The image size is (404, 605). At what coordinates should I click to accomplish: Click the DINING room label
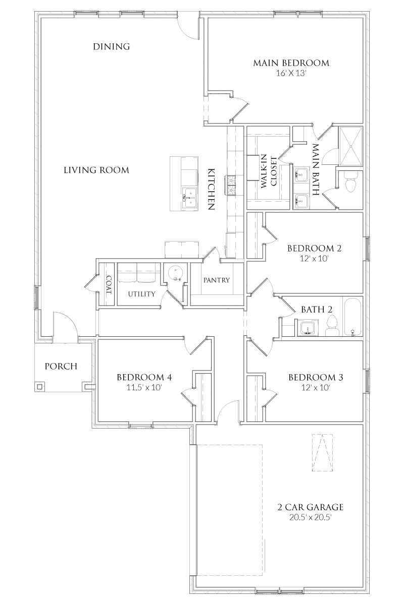point(112,47)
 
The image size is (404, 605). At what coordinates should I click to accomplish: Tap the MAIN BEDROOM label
point(291,63)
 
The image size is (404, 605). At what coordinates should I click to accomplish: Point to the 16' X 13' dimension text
point(291,74)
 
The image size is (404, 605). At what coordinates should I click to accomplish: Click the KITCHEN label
point(212,189)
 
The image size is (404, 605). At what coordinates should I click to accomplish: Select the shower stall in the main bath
point(350,146)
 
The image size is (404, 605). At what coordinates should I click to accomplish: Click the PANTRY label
point(217,280)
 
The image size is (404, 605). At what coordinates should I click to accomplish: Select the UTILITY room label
point(141,294)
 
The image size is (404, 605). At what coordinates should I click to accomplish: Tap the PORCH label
point(61,366)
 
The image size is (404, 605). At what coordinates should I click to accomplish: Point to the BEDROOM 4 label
point(140,377)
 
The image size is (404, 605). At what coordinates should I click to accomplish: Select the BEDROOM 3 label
point(313,377)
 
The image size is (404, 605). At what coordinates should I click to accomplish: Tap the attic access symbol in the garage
point(323,452)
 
